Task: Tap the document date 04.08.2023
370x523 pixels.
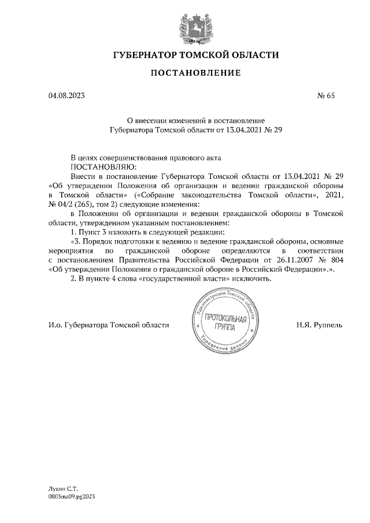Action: tap(66, 96)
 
